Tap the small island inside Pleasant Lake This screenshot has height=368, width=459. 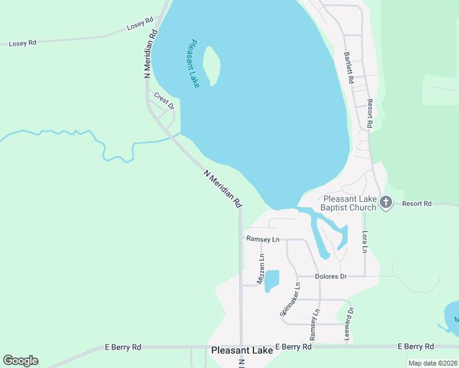click(212, 65)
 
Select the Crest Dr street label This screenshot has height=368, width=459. click(164, 101)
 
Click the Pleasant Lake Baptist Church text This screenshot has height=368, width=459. click(349, 203)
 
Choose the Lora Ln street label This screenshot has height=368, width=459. click(364, 242)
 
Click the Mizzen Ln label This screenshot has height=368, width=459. click(261, 267)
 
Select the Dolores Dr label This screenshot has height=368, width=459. click(331, 277)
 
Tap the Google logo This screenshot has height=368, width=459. click(20, 361)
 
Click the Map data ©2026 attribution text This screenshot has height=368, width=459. click(433, 363)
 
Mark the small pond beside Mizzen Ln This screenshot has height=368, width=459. click(272, 280)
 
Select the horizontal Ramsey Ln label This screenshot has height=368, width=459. click(263, 239)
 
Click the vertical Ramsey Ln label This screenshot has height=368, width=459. click(314, 324)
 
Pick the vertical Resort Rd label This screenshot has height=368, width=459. click(370, 113)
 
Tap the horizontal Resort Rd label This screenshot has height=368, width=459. click(418, 204)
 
